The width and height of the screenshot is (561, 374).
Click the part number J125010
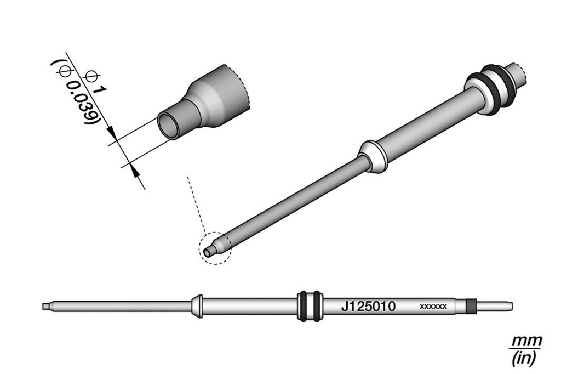point(368,307)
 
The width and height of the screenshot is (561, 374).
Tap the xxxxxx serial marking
point(433,307)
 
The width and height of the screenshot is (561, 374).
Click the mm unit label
point(526,341)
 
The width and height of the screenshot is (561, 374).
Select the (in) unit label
point(523,358)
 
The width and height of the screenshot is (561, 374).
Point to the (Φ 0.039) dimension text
point(76,92)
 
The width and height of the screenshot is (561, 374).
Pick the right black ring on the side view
point(316,306)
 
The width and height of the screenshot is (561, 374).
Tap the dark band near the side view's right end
point(472,307)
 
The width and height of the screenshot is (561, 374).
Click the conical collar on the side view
point(197,306)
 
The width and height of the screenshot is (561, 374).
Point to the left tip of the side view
point(43,307)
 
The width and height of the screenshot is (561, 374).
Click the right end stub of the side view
point(495,307)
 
